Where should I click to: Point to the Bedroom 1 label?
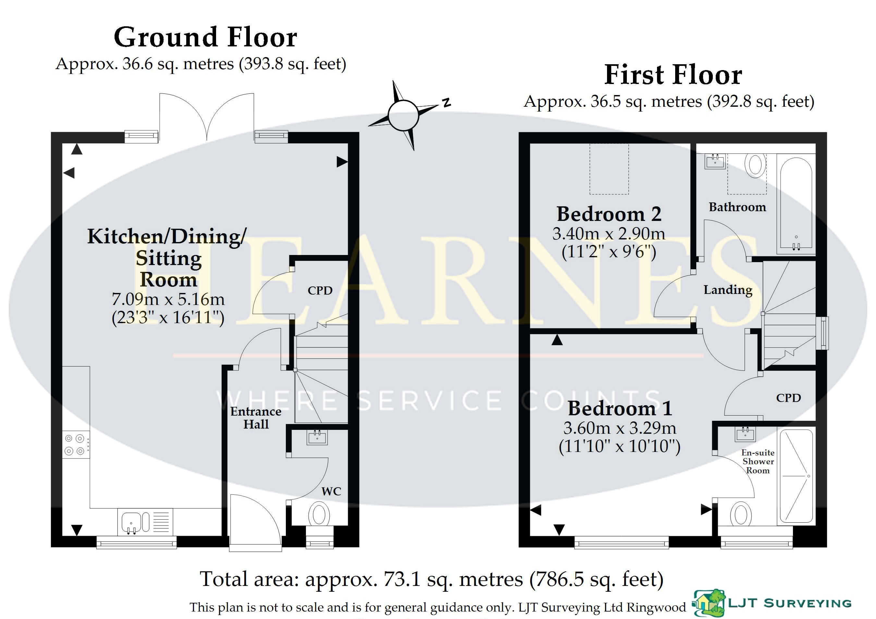[x=620, y=408]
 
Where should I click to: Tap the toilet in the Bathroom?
[x=755, y=165]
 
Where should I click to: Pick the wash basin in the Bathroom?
[x=715, y=161]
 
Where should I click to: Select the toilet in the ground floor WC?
[x=319, y=515]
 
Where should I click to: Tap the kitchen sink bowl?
[x=131, y=522]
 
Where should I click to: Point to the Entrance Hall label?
[x=256, y=418]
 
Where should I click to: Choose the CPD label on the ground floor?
[x=320, y=291]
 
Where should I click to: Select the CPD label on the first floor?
[x=789, y=398]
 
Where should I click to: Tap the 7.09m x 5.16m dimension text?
[x=168, y=299]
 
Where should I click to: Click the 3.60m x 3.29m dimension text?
[x=620, y=428]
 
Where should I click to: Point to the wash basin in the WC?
[x=317, y=437]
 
